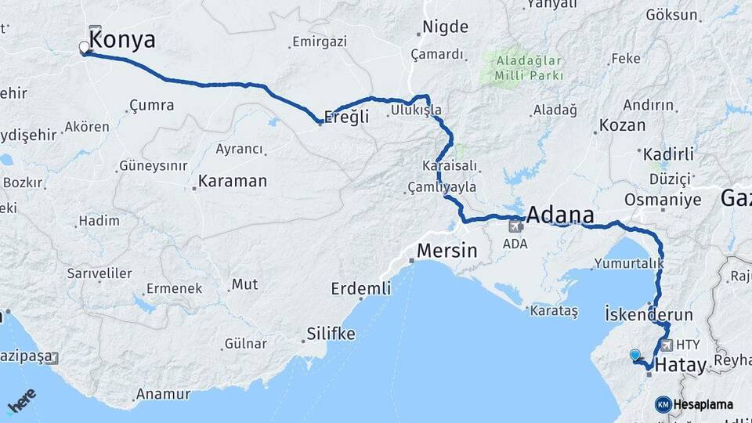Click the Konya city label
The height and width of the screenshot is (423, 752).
tap(123, 41)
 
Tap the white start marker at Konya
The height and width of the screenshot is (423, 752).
tap(84, 49)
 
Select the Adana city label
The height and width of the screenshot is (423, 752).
tap(560, 215)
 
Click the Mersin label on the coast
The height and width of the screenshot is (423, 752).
tap(447, 251)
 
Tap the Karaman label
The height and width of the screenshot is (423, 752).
tap(233, 181)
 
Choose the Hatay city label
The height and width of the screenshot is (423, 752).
tap(680, 364)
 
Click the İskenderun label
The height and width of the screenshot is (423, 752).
tap(649, 315)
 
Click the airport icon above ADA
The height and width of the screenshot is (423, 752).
tap(515, 227)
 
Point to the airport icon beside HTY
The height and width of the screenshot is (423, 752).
tap(667, 345)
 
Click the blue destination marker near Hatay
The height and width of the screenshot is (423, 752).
tap(634, 356)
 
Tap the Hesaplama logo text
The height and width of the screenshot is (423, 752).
tap(703, 404)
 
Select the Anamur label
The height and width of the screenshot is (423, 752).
tap(163, 394)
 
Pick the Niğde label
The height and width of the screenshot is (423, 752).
tap(445, 27)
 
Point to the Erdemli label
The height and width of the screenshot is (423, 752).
tap(360, 288)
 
